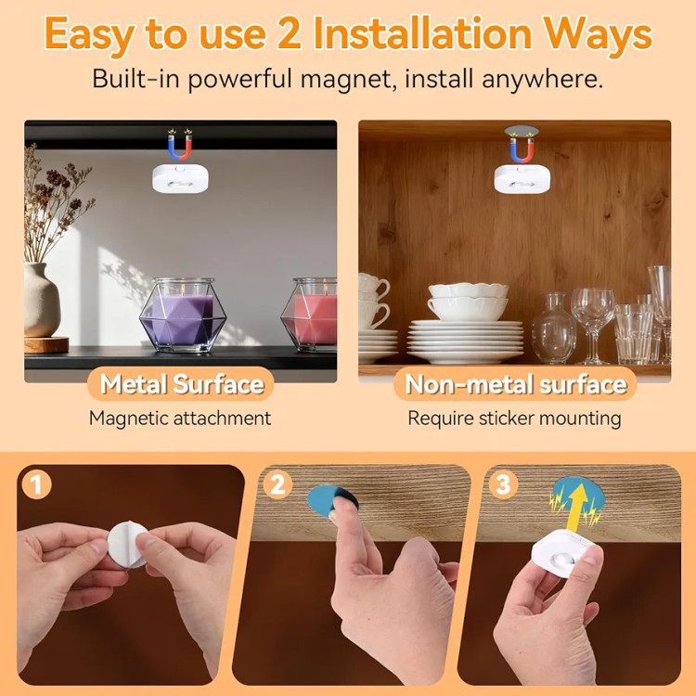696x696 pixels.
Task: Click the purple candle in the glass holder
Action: click(x=183, y=318)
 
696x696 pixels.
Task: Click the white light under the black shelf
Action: click(x=180, y=178)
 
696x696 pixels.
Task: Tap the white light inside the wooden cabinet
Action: click(x=522, y=179)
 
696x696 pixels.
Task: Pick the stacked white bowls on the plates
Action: click(x=468, y=302)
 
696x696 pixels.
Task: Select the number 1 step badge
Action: click(x=36, y=483)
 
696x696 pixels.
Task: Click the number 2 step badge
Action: click(x=277, y=484)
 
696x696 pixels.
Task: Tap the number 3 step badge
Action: click(x=503, y=483)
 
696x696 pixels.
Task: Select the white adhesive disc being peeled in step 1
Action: click(x=127, y=545)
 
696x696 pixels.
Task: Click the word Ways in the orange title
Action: click(x=598, y=34)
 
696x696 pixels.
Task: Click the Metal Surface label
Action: click(x=182, y=384)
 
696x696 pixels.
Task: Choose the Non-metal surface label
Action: click(x=516, y=384)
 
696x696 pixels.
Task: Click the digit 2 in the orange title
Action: click(x=290, y=33)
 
